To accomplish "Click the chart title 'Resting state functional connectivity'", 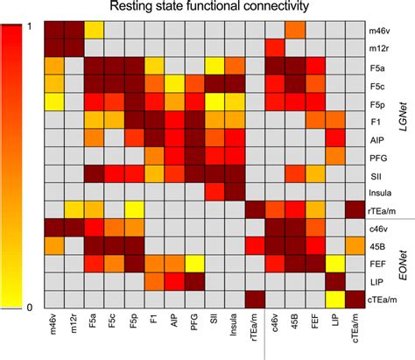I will (x=207, y=8).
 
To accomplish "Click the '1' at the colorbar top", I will (x=31, y=25).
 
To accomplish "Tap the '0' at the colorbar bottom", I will (x=31, y=306).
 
